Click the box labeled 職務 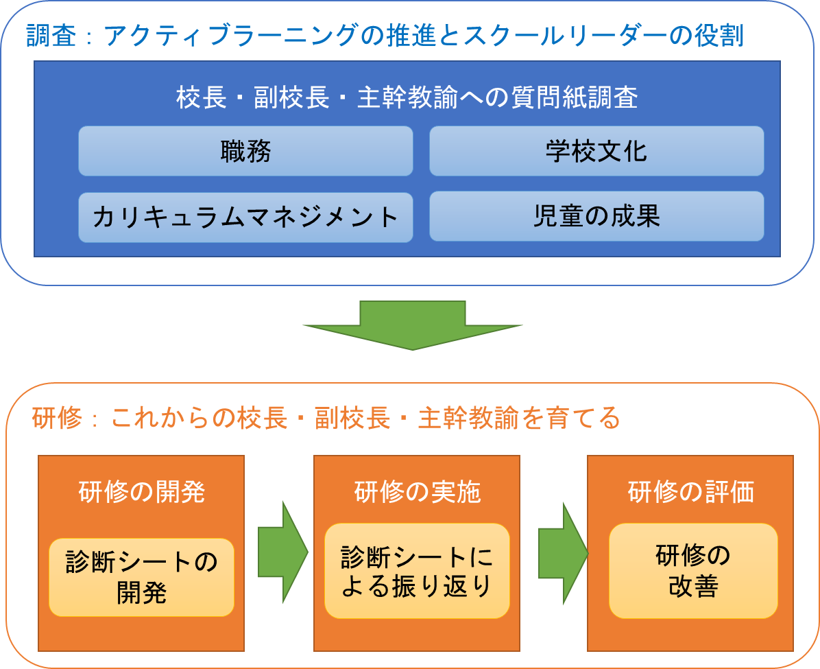(245, 151)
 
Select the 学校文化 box (596, 151)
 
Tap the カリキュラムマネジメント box (245, 218)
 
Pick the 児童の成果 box (596, 216)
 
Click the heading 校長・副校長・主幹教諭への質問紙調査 (407, 97)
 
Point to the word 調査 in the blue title (51, 36)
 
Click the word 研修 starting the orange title (57, 418)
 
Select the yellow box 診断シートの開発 (141, 577)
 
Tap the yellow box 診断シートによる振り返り (417, 571)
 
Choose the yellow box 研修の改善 (693, 571)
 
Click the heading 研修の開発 (141, 491)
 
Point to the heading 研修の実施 (417, 491)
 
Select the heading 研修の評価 (690, 491)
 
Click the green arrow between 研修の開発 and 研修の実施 (283, 552)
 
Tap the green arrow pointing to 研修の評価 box (563, 554)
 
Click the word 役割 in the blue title (719, 36)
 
